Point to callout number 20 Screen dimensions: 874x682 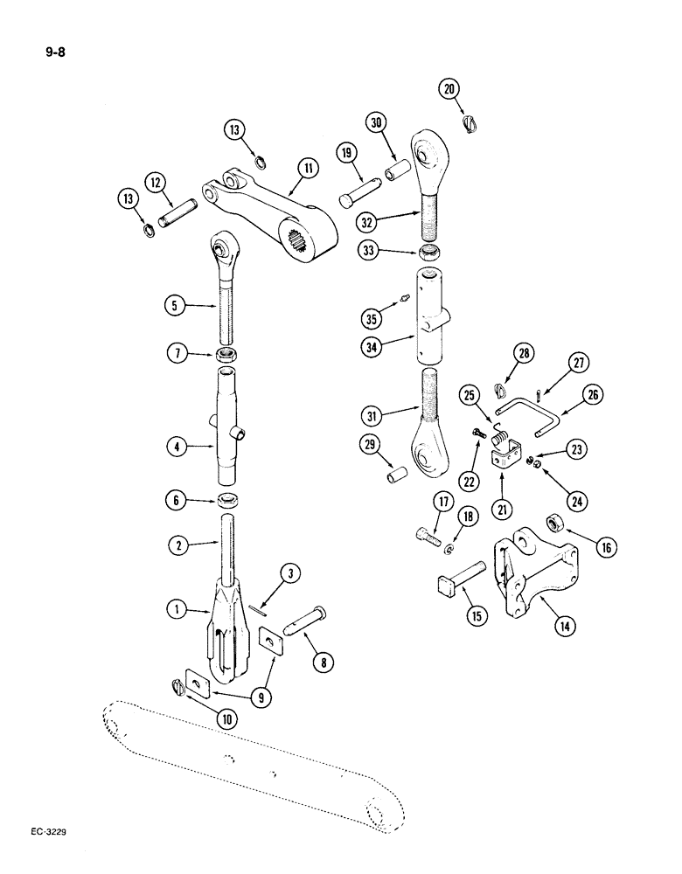[449, 88]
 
